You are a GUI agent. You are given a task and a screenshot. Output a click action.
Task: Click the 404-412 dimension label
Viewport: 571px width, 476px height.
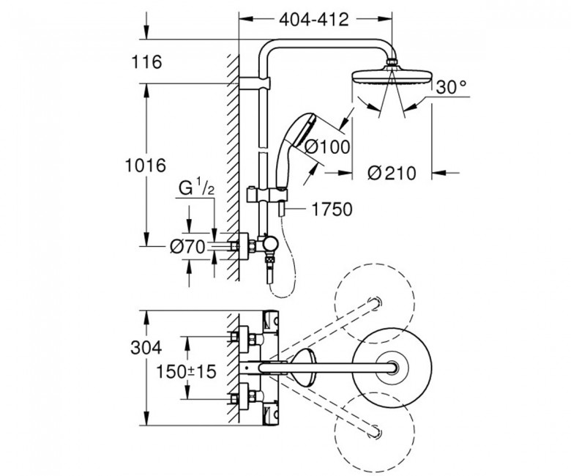point(314,20)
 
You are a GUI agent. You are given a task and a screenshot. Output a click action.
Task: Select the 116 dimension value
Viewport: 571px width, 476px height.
point(146,62)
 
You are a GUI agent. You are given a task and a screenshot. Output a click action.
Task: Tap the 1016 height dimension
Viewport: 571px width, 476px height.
point(145,166)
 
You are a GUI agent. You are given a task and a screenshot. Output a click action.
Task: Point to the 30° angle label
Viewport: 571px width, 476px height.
point(451,87)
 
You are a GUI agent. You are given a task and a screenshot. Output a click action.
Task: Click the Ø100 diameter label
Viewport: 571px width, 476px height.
point(326,147)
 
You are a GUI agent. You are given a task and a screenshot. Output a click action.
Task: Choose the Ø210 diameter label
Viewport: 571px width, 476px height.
point(392,174)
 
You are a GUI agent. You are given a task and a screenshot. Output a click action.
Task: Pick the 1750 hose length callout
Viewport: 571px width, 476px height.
point(332,209)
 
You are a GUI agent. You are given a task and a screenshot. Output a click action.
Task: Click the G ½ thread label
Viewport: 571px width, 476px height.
point(196,189)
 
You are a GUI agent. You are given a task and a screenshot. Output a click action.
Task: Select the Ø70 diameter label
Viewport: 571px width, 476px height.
point(187,248)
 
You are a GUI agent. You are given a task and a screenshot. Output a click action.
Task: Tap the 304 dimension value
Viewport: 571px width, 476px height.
point(146,348)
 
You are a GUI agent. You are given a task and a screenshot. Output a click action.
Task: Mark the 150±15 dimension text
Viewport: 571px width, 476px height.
point(186,372)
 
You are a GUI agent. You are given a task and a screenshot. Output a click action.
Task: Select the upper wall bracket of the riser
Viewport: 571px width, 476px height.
point(255,83)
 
